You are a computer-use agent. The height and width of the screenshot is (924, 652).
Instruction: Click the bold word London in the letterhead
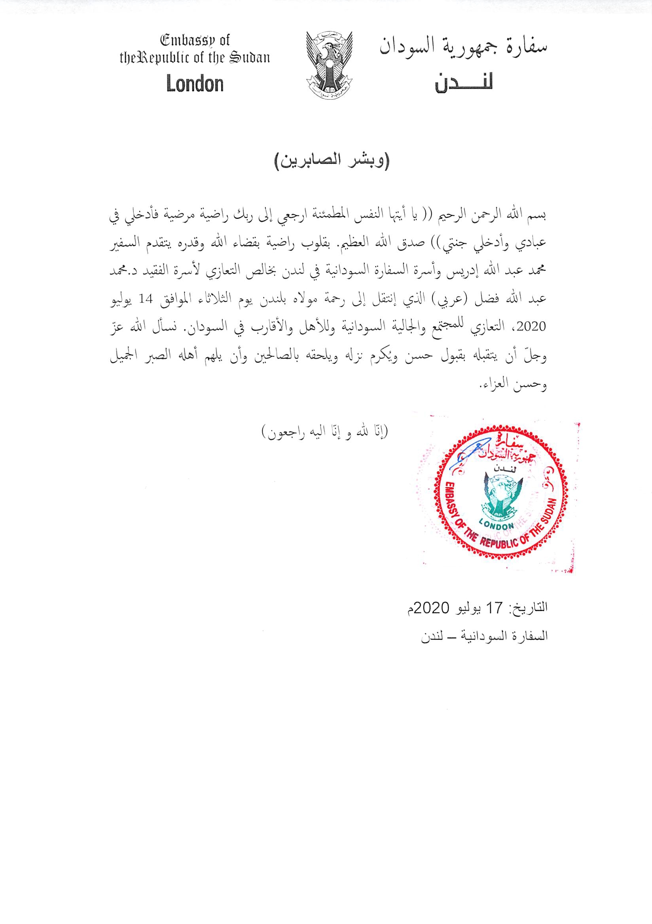click(195, 85)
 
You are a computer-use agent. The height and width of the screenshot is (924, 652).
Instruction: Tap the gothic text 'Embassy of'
click(195, 41)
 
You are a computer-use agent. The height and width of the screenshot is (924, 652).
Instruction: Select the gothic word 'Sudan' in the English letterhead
click(249, 59)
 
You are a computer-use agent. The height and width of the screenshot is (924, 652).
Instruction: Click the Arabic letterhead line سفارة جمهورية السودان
click(463, 47)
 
